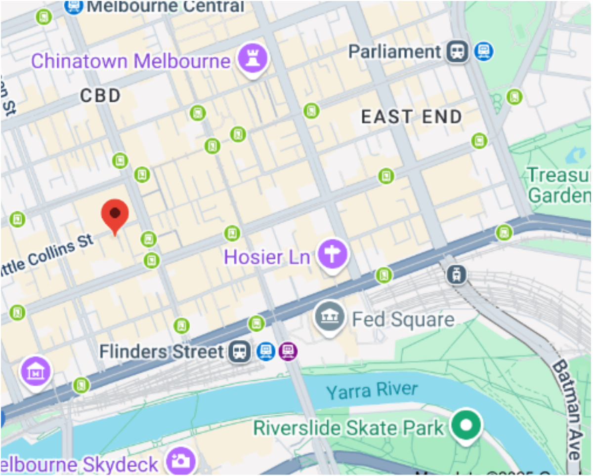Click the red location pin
coord(115,214)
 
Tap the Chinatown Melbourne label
coord(130,61)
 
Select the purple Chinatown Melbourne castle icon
coord(253,58)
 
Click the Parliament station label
coord(394,51)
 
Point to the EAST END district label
coord(411,117)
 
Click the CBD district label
coord(100,96)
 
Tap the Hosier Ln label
coord(267,257)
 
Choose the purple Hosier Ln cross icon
coord(333,255)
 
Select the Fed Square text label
coord(403,319)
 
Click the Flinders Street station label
coord(162,352)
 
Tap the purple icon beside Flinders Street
coord(288,352)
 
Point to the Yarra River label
coord(372,391)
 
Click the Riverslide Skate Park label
coord(348,428)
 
